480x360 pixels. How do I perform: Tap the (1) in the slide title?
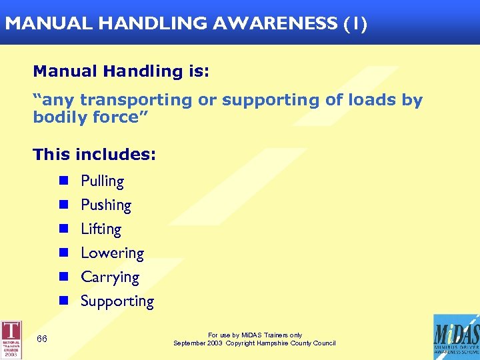pyautogui.click(x=355, y=23)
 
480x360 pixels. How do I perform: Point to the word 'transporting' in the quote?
pyautogui.click(x=135, y=100)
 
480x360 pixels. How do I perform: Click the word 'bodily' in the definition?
pyautogui.click(x=61, y=117)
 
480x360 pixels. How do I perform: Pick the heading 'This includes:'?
pyautogui.click(x=94, y=155)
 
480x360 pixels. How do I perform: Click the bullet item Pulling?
pyautogui.click(x=102, y=181)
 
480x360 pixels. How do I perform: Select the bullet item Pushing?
pyautogui.click(x=106, y=205)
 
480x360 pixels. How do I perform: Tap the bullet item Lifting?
pyautogui.click(x=101, y=229)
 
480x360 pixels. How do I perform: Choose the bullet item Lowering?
pyautogui.click(x=112, y=253)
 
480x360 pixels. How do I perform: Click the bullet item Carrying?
pyautogui.click(x=110, y=277)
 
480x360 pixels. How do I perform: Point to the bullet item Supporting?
pyautogui.click(x=117, y=301)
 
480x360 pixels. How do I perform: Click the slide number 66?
pyautogui.click(x=42, y=339)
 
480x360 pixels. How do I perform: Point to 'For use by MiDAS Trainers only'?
pyautogui.click(x=255, y=335)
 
